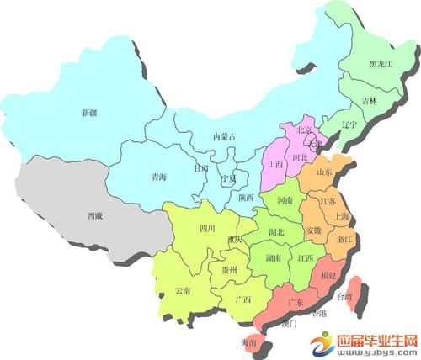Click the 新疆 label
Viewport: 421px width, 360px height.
tap(89, 113)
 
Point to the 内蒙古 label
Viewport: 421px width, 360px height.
tap(223, 136)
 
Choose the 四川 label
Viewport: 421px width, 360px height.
tap(207, 228)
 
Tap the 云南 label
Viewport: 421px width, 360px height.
tap(183, 290)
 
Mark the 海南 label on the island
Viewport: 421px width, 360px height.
tap(249, 343)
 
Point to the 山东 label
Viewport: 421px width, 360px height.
tap(324, 172)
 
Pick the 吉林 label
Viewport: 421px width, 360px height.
tap(370, 101)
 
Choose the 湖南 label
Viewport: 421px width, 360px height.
tap(273, 258)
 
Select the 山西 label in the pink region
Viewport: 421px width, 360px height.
tap(274, 165)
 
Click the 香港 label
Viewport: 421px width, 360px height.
tap(318, 313)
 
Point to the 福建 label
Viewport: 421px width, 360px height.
tap(328, 275)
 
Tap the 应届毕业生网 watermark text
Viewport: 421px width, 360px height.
tap(378, 341)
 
